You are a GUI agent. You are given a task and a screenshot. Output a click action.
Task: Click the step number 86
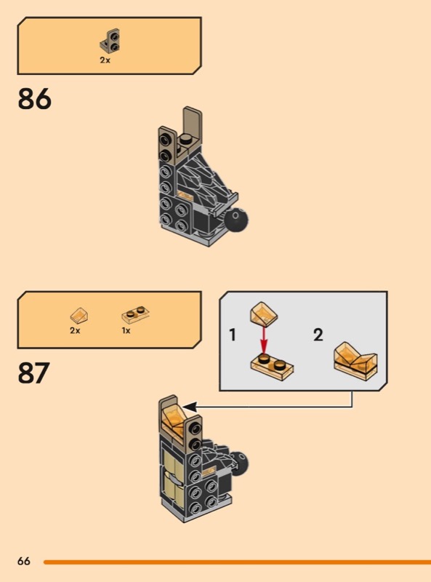point(34,99)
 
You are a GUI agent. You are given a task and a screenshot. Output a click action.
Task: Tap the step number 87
point(33,372)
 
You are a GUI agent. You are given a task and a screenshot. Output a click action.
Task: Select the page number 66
point(24,561)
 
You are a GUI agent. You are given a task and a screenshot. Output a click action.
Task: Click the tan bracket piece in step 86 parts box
point(112,41)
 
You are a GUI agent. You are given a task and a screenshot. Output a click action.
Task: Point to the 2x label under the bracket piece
point(105,60)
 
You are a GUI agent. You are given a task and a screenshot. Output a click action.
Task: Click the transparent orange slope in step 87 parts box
point(79,316)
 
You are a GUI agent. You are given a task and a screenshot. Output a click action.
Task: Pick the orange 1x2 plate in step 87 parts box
point(135,315)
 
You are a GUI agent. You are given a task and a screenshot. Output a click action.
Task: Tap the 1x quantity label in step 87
point(126,330)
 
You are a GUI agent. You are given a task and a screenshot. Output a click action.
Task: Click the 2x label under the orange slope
point(75,330)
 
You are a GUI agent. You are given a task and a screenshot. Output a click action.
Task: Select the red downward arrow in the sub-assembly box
point(263,339)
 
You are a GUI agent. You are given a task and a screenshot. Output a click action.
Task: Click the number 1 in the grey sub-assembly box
point(233,335)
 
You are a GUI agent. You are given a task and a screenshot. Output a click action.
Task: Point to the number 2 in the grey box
point(318,335)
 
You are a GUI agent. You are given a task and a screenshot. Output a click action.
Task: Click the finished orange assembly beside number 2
point(355,361)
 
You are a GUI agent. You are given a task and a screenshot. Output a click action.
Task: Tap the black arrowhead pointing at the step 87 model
point(189,407)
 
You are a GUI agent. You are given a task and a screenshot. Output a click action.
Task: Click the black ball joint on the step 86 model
point(237,220)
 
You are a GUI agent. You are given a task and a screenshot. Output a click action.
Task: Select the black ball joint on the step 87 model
point(239,463)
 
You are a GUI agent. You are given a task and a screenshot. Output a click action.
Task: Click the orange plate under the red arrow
point(272,367)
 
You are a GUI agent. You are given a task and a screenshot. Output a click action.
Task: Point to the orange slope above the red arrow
point(264,314)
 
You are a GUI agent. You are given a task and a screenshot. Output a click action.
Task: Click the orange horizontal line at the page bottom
point(237,562)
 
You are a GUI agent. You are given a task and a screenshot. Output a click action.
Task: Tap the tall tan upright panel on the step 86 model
point(193,125)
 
